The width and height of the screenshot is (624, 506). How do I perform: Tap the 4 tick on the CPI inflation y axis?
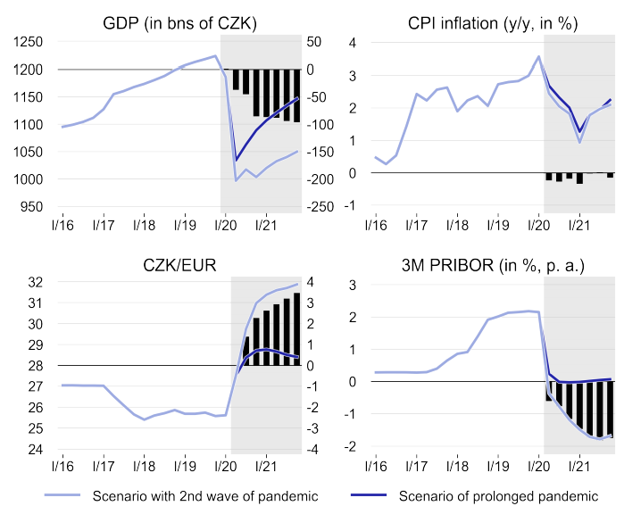tap(353, 42)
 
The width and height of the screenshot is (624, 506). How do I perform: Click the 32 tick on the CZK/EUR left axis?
tap(35, 282)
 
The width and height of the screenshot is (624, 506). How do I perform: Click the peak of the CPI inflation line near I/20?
tap(538, 56)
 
